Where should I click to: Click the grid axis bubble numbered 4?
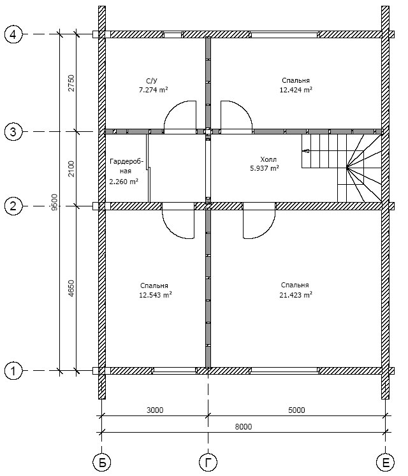tap(14, 35)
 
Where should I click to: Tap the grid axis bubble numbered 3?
tap(14, 132)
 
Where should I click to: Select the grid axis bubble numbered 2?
tap(14, 206)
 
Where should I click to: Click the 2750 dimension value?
tap(71, 83)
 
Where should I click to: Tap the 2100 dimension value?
tap(71, 169)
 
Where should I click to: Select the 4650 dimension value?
tap(71, 288)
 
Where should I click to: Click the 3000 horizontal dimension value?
tap(154, 410)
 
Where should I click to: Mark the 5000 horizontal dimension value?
tap(296, 410)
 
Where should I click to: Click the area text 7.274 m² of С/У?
tap(153, 90)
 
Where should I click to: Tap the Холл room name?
tap(269, 159)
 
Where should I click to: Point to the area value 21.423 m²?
tap(295, 295)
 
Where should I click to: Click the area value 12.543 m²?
tap(155, 295)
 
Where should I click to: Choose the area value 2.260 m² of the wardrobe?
tap(124, 182)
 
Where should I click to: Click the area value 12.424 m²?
tap(295, 90)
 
